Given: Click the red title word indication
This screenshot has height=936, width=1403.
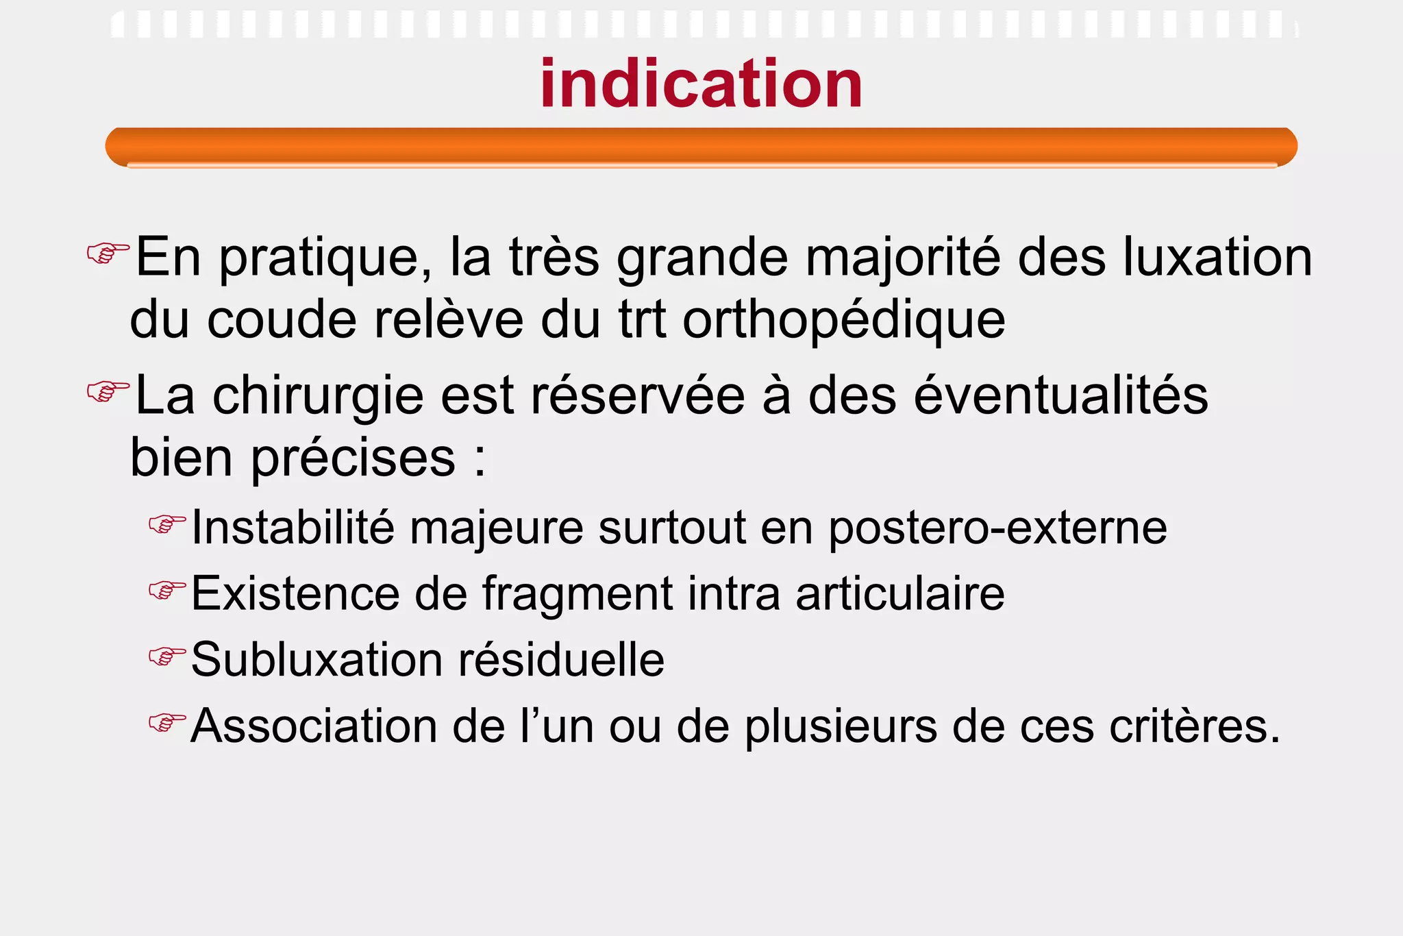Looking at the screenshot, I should [x=701, y=84].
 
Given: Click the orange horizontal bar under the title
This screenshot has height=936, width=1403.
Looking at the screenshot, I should [x=701, y=146].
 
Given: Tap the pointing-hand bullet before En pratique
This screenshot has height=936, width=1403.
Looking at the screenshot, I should [x=108, y=253].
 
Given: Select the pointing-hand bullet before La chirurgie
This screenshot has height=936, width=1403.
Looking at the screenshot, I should [x=108, y=391].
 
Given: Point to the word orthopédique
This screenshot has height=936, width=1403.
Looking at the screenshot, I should [x=844, y=321].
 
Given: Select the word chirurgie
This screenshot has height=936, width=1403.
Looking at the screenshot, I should [x=318, y=397].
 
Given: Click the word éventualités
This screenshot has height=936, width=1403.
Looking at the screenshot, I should [x=1061, y=395].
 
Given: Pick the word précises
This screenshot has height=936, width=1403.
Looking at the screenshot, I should [x=353, y=458].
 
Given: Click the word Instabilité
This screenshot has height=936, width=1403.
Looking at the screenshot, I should [x=293, y=527].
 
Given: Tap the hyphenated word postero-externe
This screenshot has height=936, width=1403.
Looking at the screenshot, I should [x=997, y=528].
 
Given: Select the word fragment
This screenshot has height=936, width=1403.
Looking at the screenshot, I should [x=578, y=594].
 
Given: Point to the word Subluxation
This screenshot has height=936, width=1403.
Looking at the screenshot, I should [x=316, y=659].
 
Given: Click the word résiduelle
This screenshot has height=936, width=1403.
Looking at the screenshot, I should [x=561, y=659].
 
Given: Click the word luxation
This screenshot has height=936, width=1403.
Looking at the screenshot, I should [x=1217, y=258].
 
